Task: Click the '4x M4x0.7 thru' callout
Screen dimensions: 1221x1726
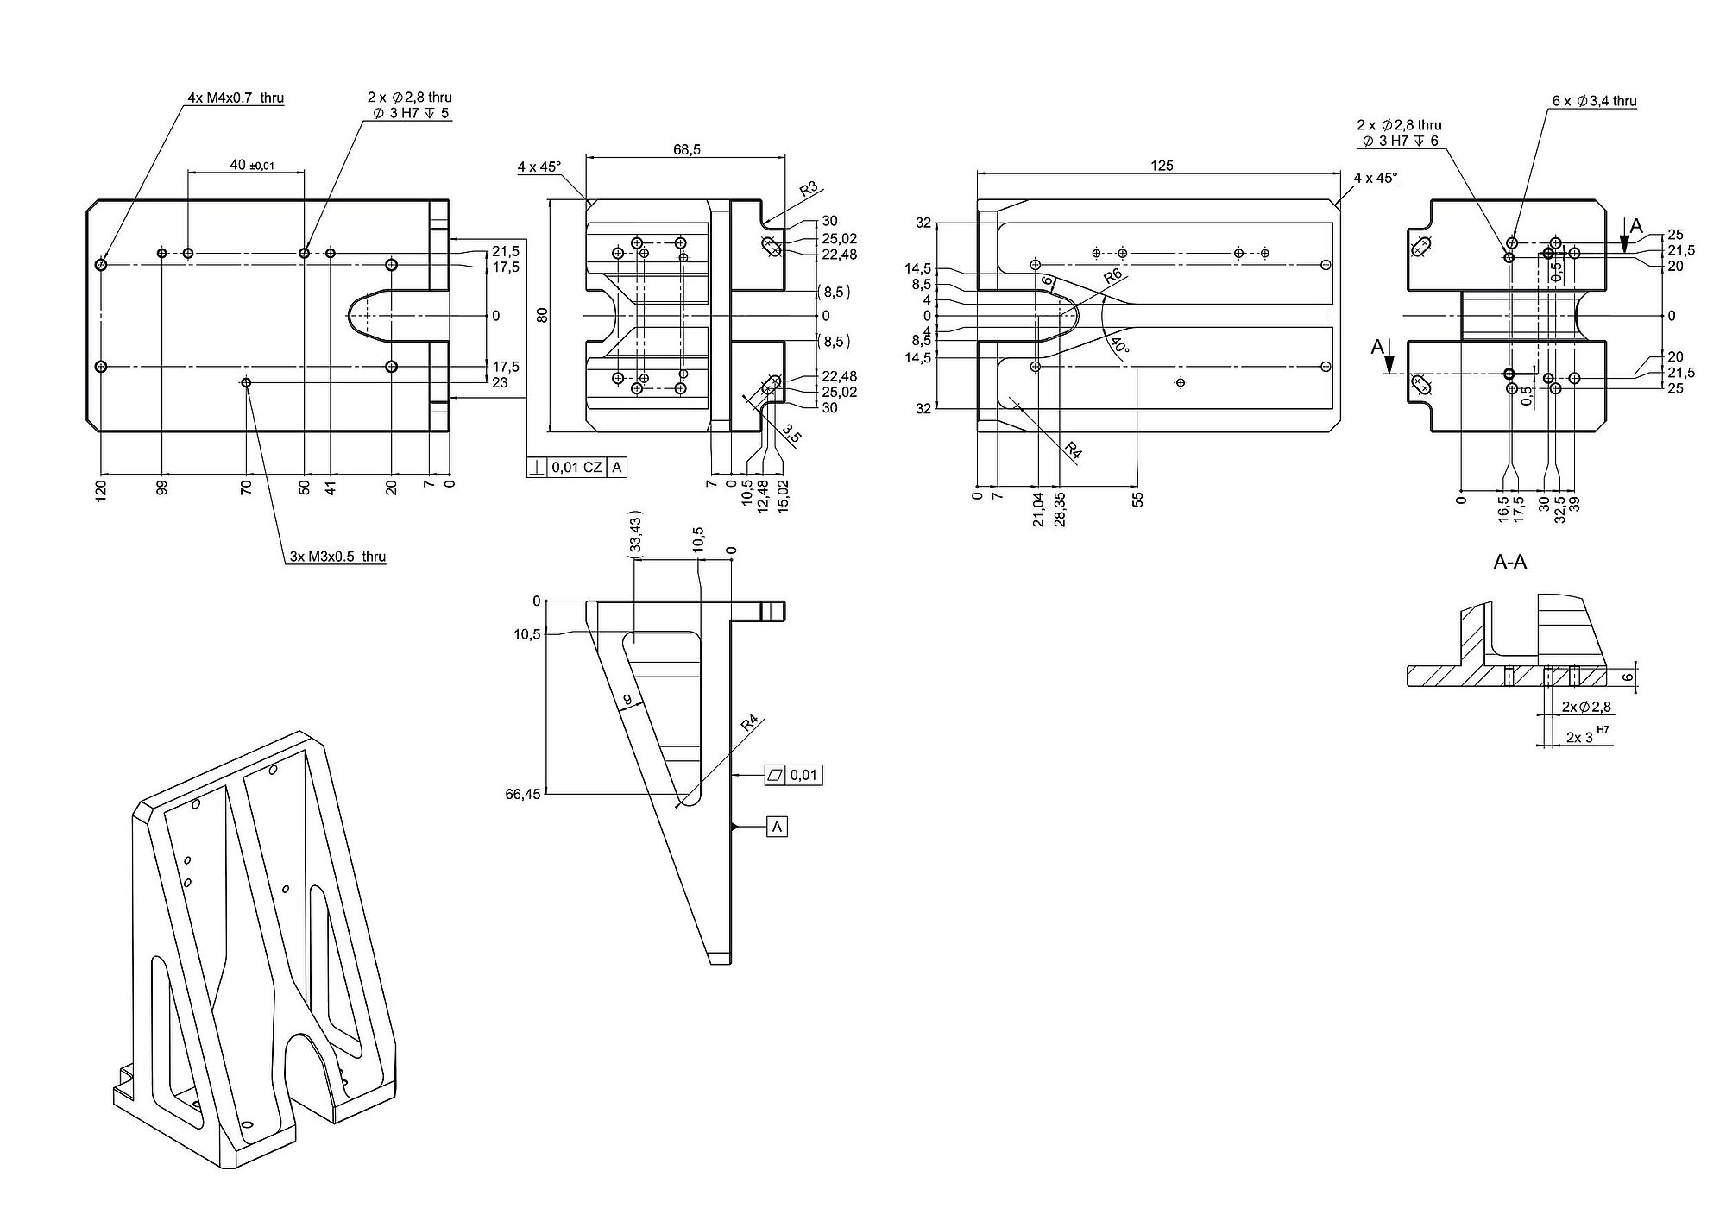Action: click(236, 98)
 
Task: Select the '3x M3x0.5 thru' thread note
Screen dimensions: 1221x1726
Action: click(337, 557)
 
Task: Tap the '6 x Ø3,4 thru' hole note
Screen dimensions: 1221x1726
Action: click(1594, 101)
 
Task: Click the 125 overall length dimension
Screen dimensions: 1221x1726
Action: click(1162, 166)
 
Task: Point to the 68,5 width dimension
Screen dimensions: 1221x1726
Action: click(687, 149)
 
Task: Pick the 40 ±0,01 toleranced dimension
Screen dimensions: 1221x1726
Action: click(251, 165)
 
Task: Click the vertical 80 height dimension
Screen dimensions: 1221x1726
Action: click(543, 315)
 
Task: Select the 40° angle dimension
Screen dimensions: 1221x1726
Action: click(1119, 347)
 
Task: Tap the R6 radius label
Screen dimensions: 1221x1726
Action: click(1112, 277)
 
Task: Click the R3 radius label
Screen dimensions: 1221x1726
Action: click(808, 189)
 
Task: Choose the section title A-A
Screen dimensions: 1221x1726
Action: click(1510, 563)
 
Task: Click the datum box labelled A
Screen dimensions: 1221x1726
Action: click(777, 827)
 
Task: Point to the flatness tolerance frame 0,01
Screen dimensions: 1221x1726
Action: click(793, 775)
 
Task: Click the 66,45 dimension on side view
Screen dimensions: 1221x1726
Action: click(523, 794)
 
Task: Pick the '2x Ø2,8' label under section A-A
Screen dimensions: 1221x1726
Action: click(1586, 707)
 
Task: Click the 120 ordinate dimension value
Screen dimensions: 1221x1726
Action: click(101, 493)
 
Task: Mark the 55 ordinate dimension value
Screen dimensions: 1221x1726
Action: click(1138, 499)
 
